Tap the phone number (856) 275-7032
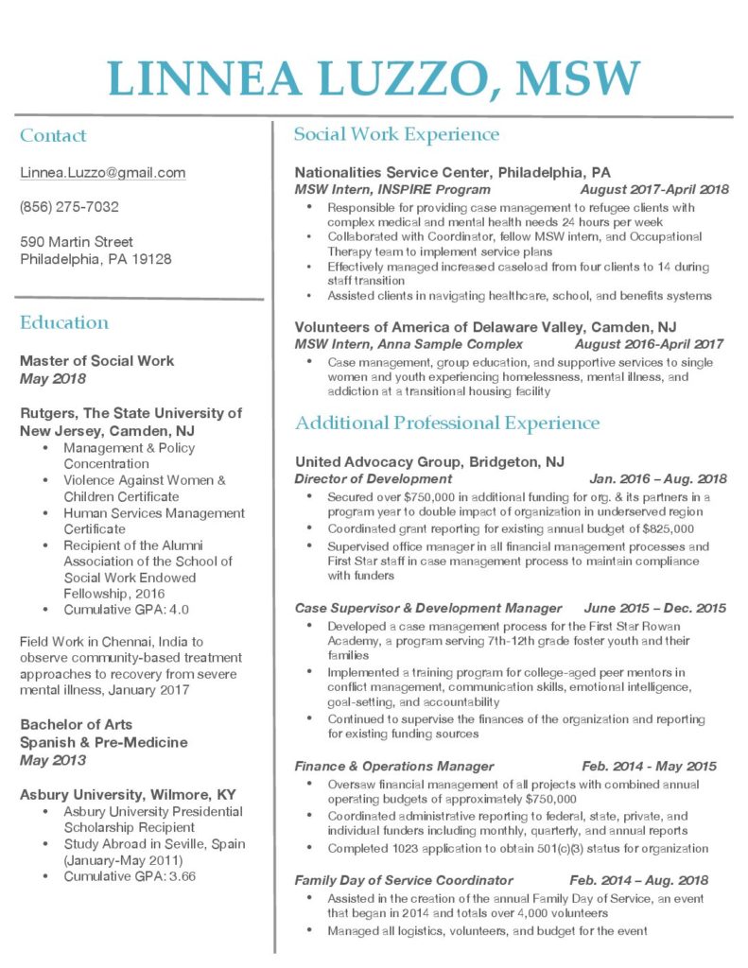pos(69,207)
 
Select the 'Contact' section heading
pos(53,136)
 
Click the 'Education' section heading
pos(64,322)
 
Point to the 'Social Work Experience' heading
pos(396,134)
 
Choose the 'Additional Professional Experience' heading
pos(447,423)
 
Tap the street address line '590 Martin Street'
pos(77,242)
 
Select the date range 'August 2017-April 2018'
pos(653,189)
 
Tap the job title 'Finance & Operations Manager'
pos(394,766)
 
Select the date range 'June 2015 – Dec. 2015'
pos(655,608)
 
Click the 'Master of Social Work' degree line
pos(96,361)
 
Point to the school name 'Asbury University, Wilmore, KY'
pos(128,794)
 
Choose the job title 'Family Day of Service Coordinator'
pos(404,880)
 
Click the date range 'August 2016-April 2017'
pos(649,344)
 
